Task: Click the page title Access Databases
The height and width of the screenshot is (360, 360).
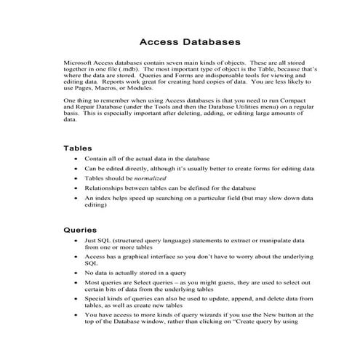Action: pyautogui.click(x=180, y=41)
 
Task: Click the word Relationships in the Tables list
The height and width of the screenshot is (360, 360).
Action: pyautogui.click(x=107, y=188)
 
